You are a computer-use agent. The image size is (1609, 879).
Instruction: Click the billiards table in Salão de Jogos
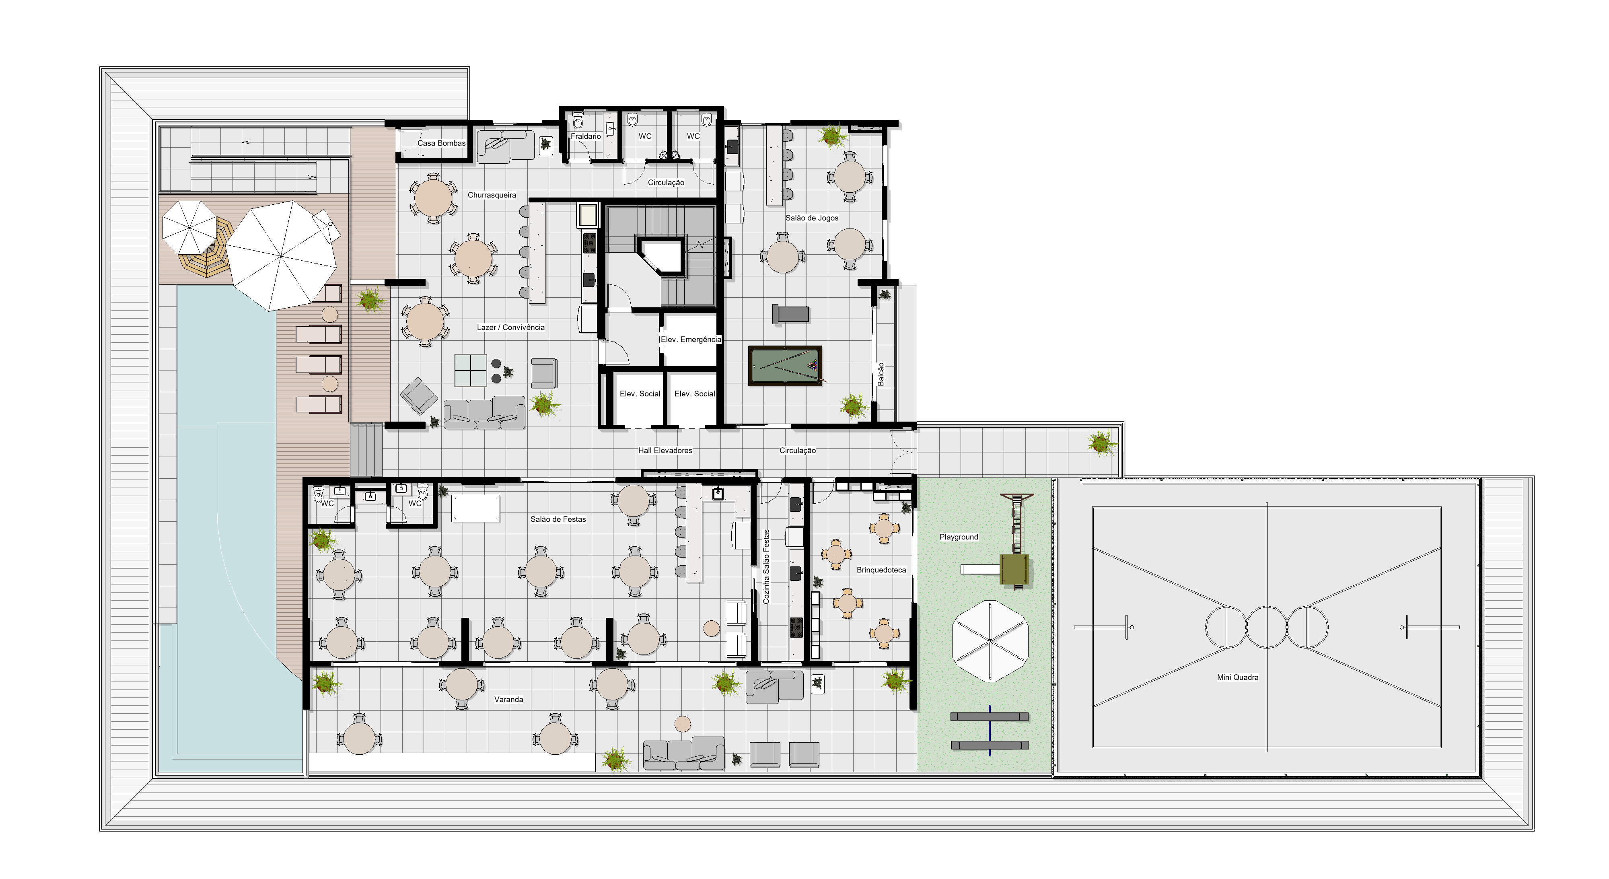click(x=785, y=365)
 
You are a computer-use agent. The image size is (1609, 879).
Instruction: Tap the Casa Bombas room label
click(x=442, y=143)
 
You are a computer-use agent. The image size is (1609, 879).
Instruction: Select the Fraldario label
click(x=586, y=136)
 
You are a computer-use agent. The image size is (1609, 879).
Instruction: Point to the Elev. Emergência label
click(x=691, y=339)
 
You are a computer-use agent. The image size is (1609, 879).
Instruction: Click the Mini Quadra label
click(x=1237, y=677)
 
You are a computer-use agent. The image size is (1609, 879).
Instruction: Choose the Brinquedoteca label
click(x=881, y=570)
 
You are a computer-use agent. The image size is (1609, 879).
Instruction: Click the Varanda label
click(x=508, y=700)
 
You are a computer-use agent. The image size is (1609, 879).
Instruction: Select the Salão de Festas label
click(x=558, y=519)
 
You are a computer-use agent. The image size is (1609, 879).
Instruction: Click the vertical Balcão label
click(x=881, y=374)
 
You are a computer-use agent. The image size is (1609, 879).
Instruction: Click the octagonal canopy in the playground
click(x=990, y=641)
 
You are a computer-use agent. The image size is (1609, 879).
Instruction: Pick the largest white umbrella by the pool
click(x=282, y=255)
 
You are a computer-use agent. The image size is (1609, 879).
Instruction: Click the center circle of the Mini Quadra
click(x=1266, y=627)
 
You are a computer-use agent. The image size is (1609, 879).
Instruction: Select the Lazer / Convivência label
click(x=510, y=327)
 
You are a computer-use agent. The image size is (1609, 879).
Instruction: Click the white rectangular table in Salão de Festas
click(x=475, y=508)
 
